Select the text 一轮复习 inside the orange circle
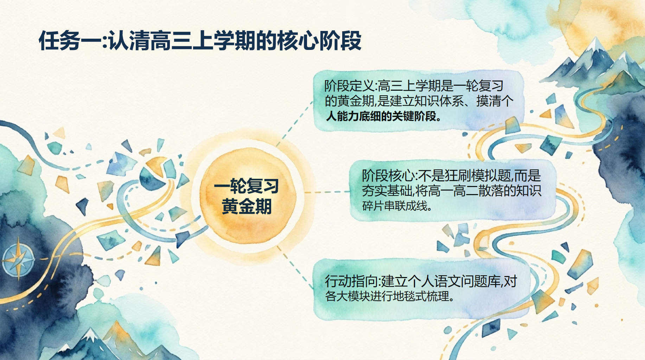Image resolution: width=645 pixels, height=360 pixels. (247, 186)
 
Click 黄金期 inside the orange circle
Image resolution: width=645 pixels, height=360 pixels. (247, 206)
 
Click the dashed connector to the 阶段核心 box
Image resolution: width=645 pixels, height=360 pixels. (327, 192)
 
